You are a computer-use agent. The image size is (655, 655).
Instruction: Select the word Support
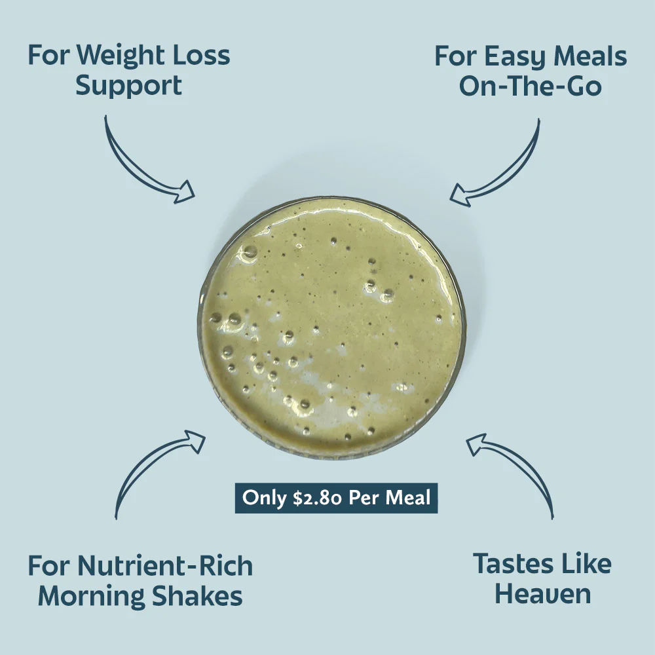(128, 86)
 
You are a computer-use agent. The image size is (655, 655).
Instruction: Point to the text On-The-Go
(530, 86)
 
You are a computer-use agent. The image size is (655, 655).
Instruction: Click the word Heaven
(543, 594)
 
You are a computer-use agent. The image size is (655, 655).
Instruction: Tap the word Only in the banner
(265, 498)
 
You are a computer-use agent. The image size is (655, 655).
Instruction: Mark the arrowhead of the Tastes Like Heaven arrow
(477, 444)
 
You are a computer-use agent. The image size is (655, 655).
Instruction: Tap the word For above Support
(48, 56)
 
